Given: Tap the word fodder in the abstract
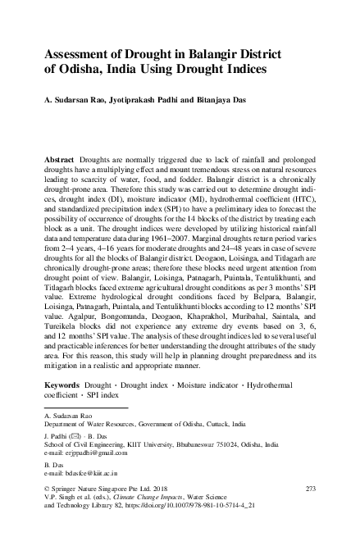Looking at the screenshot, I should click(x=216, y=178).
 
